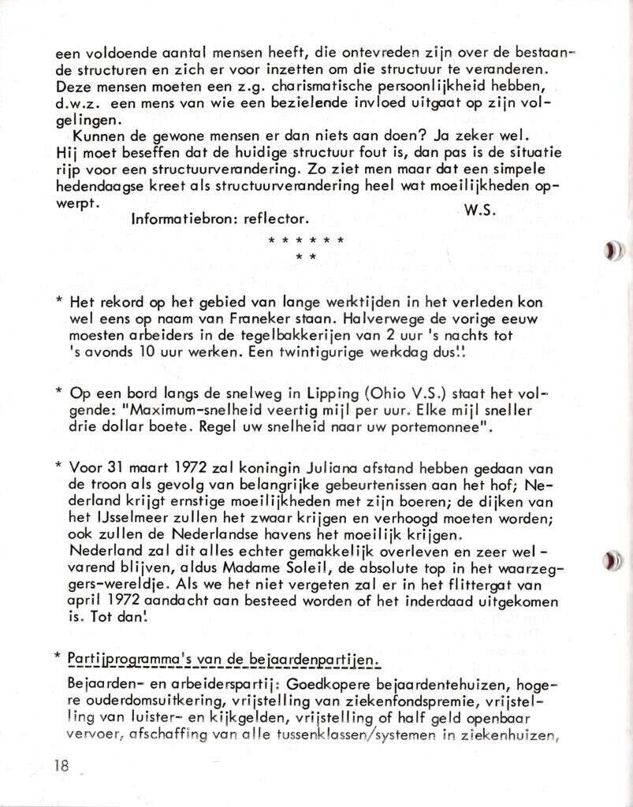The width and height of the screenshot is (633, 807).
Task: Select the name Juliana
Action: pos(344,467)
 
